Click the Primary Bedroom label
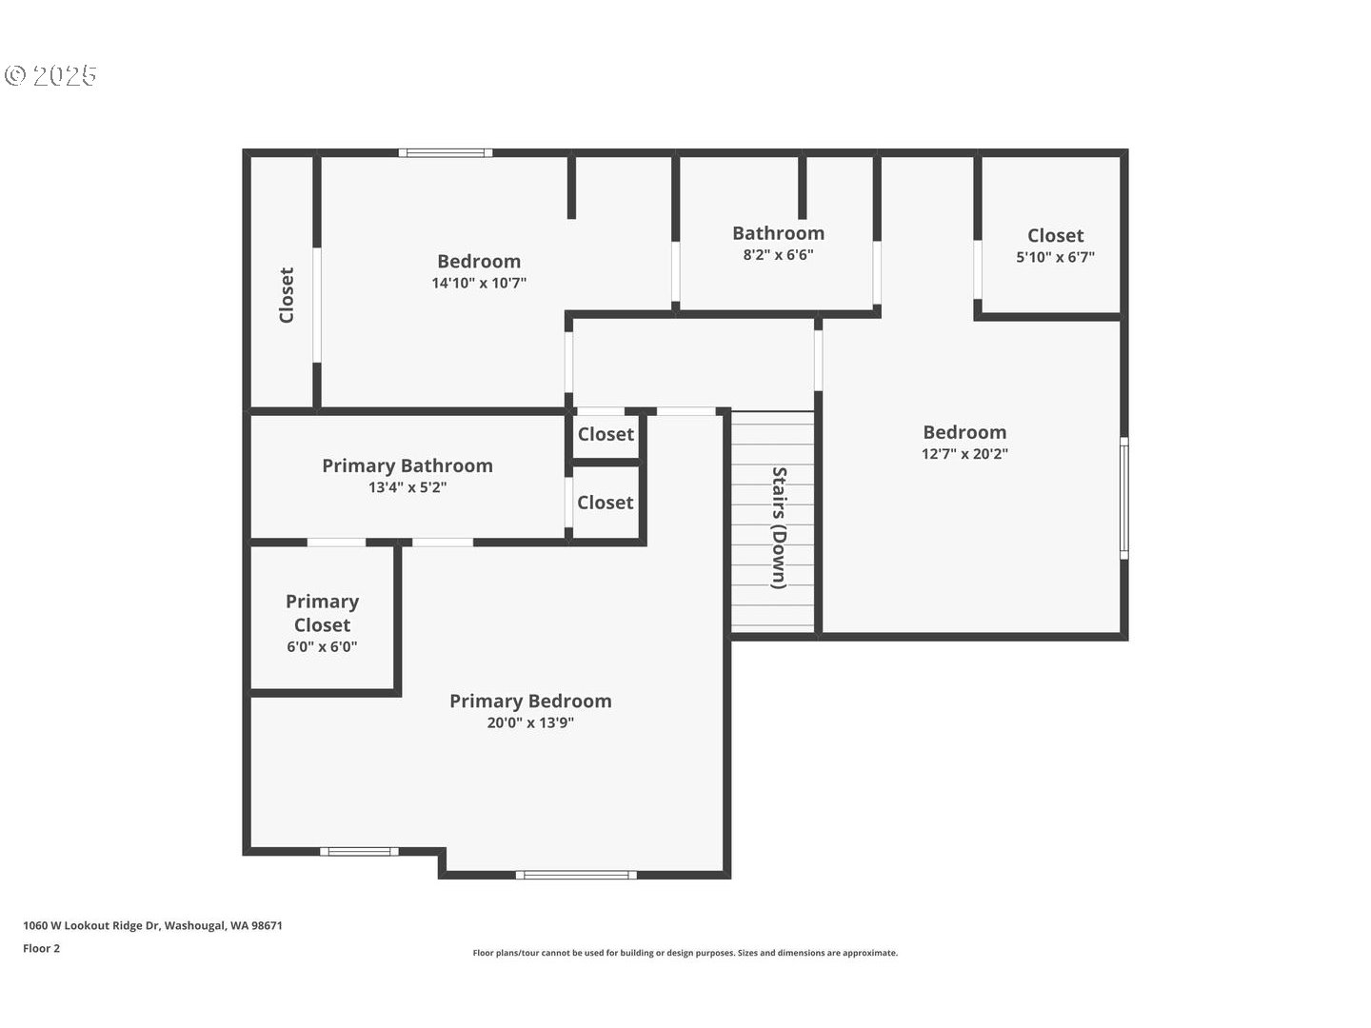click(x=530, y=702)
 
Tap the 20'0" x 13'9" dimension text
click(x=530, y=723)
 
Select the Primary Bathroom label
click(x=407, y=465)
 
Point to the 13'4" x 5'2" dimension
click(x=407, y=487)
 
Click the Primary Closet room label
click(x=322, y=613)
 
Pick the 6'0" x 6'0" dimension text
click(x=322, y=647)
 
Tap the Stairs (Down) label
click(x=779, y=527)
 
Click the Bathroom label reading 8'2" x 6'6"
click(x=778, y=233)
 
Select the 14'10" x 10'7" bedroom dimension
click(x=479, y=283)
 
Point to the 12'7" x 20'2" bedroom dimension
click(x=964, y=454)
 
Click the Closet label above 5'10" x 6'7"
click(x=1055, y=235)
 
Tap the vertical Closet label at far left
click(x=287, y=295)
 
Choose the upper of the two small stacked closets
click(x=606, y=435)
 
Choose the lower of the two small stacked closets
click(x=606, y=503)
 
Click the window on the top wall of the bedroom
click(x=446, y=152)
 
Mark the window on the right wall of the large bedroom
click(x=1123, y=497)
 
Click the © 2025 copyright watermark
click(x=51, y=76)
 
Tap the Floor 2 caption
click(x=42, y=948)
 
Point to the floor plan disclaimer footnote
click(x=685, y=953)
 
